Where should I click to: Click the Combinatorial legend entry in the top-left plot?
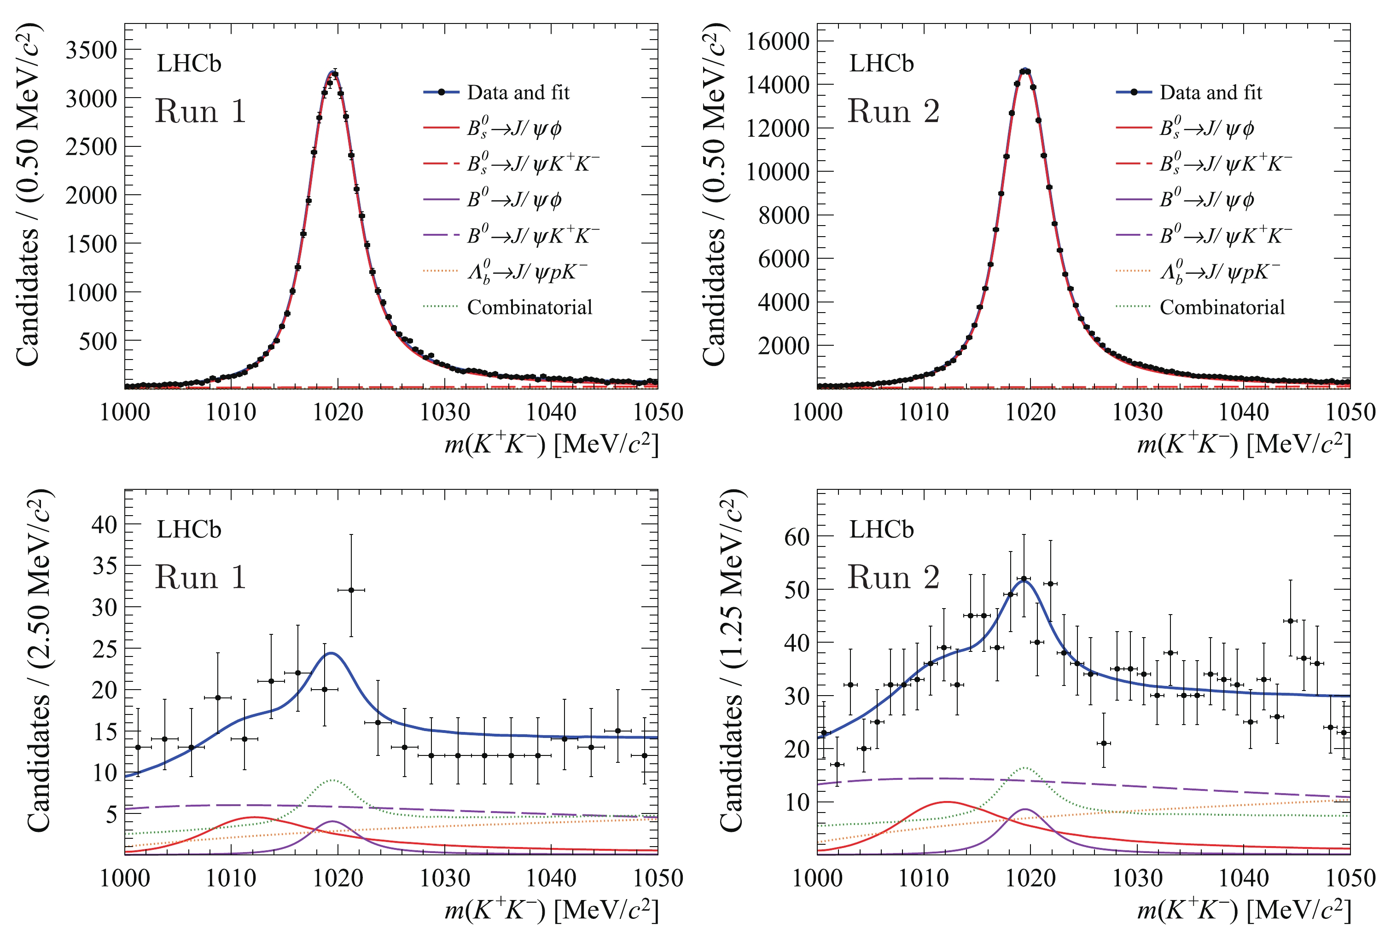[x=529, y=307]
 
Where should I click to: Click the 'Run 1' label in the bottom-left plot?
[x=200, y=578]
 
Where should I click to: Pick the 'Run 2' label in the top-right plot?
[x=893, y=111]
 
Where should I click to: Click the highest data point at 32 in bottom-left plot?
[x=351, y=590]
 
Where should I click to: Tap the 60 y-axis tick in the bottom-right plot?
[x=797, y=537]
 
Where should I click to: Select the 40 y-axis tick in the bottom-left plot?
[x=105, y=524]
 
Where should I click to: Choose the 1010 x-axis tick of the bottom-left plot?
[x=231, y=878]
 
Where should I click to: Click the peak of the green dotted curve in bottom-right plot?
[x=1024, y=768]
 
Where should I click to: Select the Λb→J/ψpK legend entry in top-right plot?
[x=1220, y=271]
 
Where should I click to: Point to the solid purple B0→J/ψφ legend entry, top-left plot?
[x=513, y=200]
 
